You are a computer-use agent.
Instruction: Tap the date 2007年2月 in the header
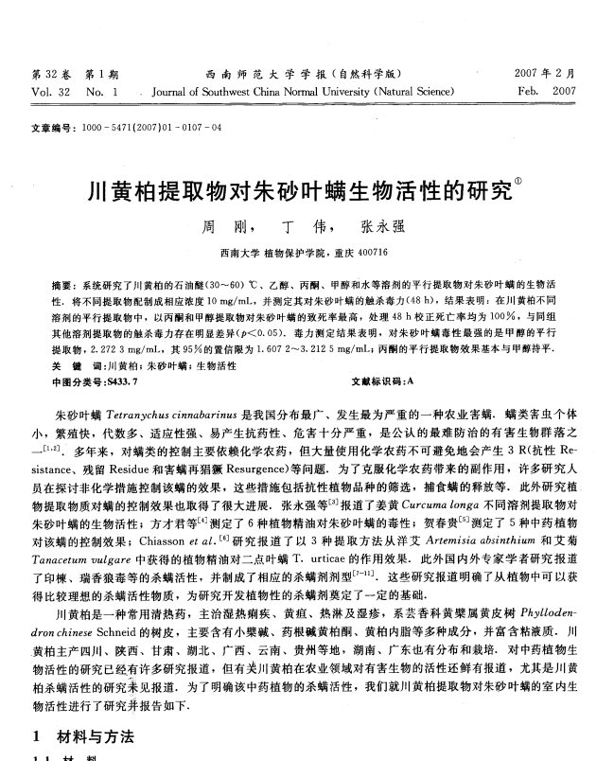click(546, 74)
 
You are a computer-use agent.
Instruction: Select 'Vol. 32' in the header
click(49, 92)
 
